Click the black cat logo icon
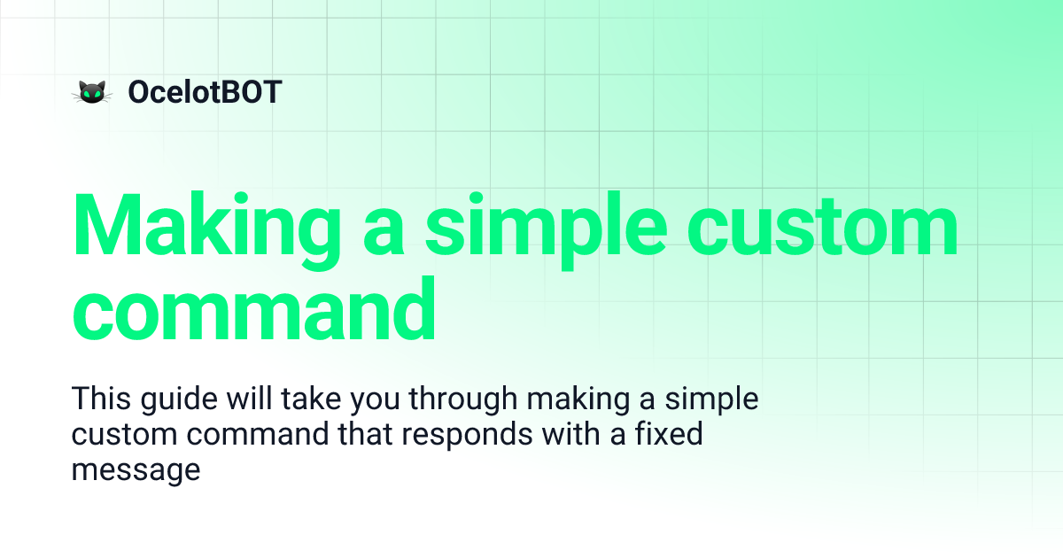click(90, 91)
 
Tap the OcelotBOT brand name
click(205, 91)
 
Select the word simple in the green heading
click(545, 227)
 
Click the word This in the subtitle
click(101, 399)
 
